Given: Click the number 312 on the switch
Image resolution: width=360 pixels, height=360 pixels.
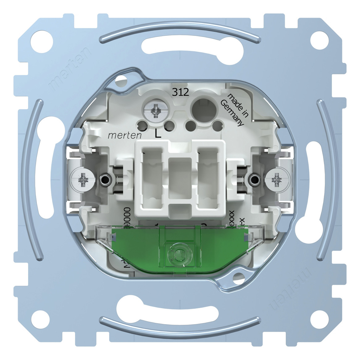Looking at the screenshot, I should click(x=181, y=92).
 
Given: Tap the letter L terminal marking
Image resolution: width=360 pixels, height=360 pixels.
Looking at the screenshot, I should click(x=158, y=134).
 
